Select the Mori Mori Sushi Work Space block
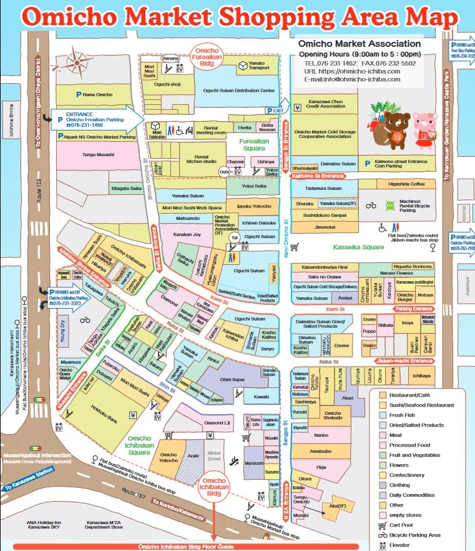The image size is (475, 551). click(x=192, y=207)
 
